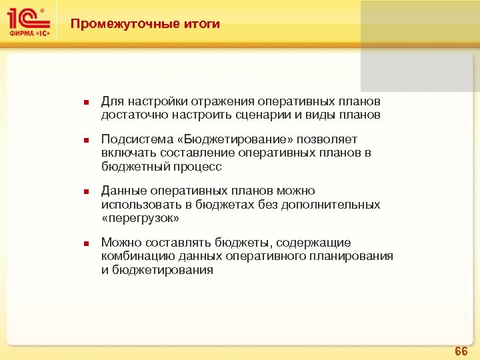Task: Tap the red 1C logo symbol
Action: coord(26,17)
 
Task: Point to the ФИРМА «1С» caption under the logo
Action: coord(27,32)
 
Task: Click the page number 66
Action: coord(461,351)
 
